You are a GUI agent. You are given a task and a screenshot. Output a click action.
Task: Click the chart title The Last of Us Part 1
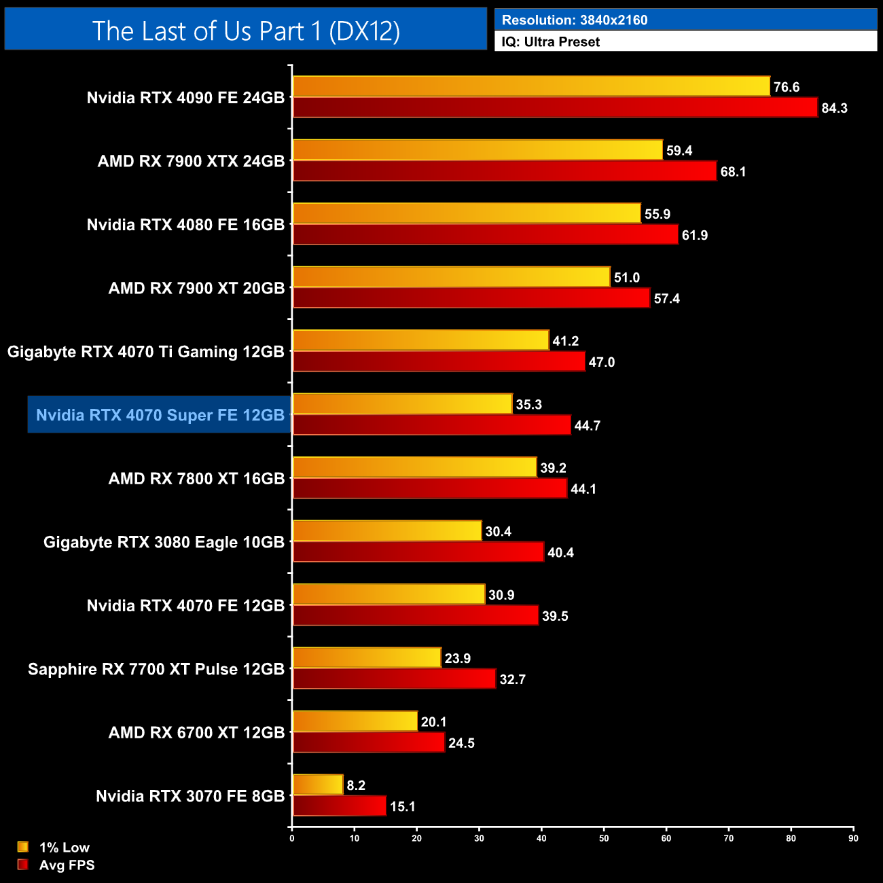tap(246, 31)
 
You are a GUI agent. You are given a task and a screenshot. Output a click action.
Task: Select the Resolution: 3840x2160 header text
tap(574, 20)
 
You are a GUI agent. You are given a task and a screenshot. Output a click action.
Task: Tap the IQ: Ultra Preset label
tap(550, 42)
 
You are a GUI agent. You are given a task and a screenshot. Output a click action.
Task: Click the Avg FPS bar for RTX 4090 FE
tap(555, 107)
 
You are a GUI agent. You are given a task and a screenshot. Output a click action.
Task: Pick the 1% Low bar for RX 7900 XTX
tap(477, 150)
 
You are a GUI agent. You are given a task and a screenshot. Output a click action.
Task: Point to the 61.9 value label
tap(695, 235)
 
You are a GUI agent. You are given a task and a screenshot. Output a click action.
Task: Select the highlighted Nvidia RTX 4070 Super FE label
tap(160, 415)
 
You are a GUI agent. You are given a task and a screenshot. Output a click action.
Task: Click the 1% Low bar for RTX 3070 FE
tap(318, 785)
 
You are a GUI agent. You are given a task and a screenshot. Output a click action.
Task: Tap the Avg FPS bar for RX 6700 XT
tap(368, 742)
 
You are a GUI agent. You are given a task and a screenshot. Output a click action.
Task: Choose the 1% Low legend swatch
tap(23, 847)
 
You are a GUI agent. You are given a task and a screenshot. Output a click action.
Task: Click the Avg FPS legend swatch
tap(23, 865)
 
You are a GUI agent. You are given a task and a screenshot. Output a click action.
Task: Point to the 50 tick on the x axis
tap(604, 838)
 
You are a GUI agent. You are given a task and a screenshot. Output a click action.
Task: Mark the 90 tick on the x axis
tap(853, 838)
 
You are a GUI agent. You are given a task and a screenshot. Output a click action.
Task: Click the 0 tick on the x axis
tap(292, 838)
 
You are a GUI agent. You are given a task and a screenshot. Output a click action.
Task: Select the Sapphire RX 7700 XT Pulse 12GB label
tap(156, 669)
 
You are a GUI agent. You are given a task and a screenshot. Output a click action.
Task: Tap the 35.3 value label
tap(528, 405)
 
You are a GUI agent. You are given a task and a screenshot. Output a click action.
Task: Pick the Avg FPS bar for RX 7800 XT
tap(429, 488)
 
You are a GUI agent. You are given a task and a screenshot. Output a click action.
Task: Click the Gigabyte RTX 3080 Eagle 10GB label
tap(164, 542)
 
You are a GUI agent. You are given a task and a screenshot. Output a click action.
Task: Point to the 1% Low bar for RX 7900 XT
tap(451, 277)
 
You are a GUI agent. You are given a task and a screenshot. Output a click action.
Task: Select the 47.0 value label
tap(601, 362)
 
